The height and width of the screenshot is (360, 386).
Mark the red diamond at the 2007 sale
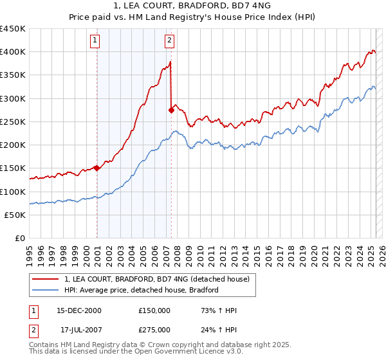coord(172,110)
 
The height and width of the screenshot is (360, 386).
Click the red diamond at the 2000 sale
coord(96,168)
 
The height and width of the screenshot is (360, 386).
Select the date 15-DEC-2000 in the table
coord(79,310)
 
